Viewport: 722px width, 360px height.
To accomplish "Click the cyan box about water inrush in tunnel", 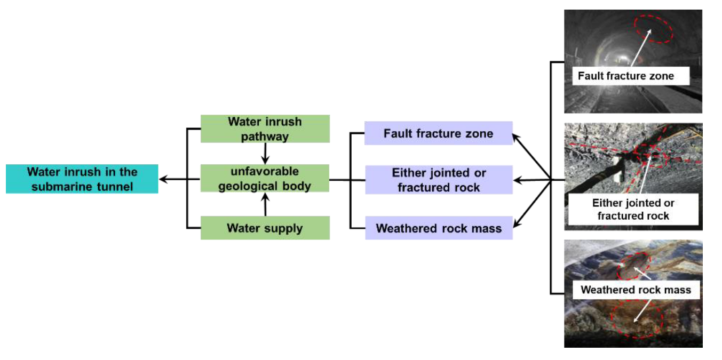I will click(x=82, y=179).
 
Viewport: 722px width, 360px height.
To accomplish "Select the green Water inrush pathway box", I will click(x=265, y=129).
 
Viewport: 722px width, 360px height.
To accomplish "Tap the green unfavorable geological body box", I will click(x=265, y=179).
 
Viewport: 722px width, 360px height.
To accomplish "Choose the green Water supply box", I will click(x=265, y=228).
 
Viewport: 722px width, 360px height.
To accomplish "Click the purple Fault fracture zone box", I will click(x=438, y=133).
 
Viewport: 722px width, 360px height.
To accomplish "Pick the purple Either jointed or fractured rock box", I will click(x=438, y=180).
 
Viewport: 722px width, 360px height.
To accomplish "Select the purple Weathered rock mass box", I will click(x=438, y=228).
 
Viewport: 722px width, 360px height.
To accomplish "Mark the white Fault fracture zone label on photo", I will click(x=625, y=76).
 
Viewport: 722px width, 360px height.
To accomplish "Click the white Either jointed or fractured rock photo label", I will click(x=633, y=209).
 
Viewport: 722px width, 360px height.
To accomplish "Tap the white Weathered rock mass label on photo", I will click(x=636, y=290).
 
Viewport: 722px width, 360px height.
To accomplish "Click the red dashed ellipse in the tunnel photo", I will click(x=653, y=29).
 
